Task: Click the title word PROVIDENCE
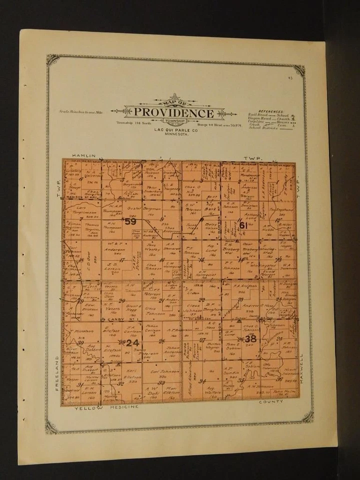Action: pos(173,113)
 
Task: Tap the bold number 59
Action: pos(130,221)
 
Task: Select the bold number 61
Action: pos(243,225)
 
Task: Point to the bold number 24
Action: pos(132,343)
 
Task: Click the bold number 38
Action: pos(250,338)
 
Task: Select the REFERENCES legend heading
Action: pos(270,111)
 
